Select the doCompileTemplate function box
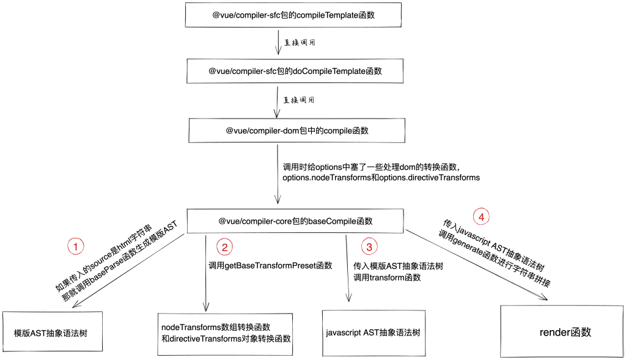point(295,71)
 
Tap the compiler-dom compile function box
point(297,131)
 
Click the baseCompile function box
point(295,221)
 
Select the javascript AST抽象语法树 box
point(373,332)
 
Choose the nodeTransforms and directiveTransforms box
point(225,333)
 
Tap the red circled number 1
point(75,247)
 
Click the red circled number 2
point(224,247)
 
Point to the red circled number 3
point(369,247)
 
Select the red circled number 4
point(482,216)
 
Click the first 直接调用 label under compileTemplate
point(300,43)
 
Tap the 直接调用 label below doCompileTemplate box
point(300,100)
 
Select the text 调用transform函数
point(387,277)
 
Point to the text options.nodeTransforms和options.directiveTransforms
point(381,177)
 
